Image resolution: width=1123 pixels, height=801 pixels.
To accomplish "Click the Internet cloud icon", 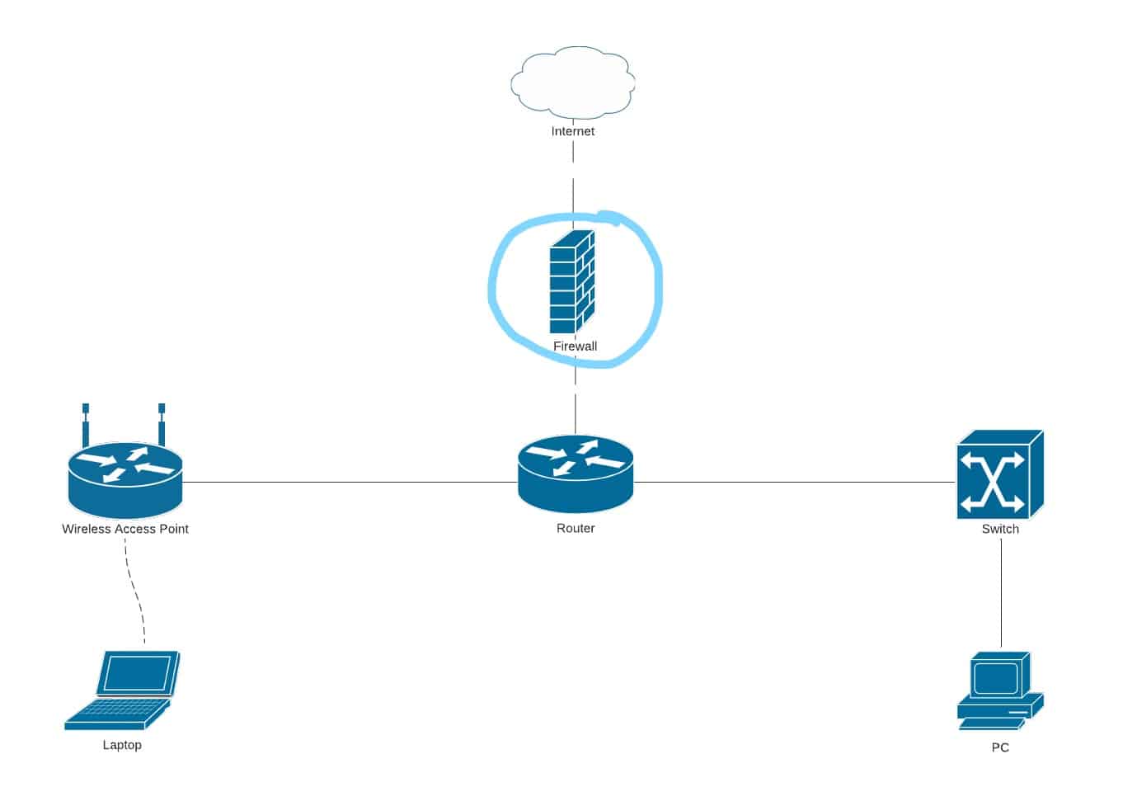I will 573,82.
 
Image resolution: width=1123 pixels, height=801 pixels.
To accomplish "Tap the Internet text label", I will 573,131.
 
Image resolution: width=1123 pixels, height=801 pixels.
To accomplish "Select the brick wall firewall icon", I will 572,283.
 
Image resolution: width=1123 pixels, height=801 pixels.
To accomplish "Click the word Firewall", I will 575,346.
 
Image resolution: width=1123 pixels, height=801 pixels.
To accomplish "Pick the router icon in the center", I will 576,474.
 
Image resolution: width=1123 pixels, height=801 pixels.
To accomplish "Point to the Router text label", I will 576,529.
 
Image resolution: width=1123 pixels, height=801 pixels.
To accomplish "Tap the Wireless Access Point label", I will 125,530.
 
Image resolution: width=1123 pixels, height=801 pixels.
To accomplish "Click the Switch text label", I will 1000,530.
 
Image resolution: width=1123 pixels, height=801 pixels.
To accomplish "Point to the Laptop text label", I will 122,745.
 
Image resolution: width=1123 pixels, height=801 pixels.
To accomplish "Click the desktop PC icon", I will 999,691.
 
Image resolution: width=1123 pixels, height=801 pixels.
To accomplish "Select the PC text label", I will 1000,748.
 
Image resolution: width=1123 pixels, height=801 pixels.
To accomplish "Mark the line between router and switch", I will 792,482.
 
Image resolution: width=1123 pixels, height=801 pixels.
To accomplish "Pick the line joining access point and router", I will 346,482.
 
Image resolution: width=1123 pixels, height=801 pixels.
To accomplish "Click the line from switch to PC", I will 1002,594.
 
